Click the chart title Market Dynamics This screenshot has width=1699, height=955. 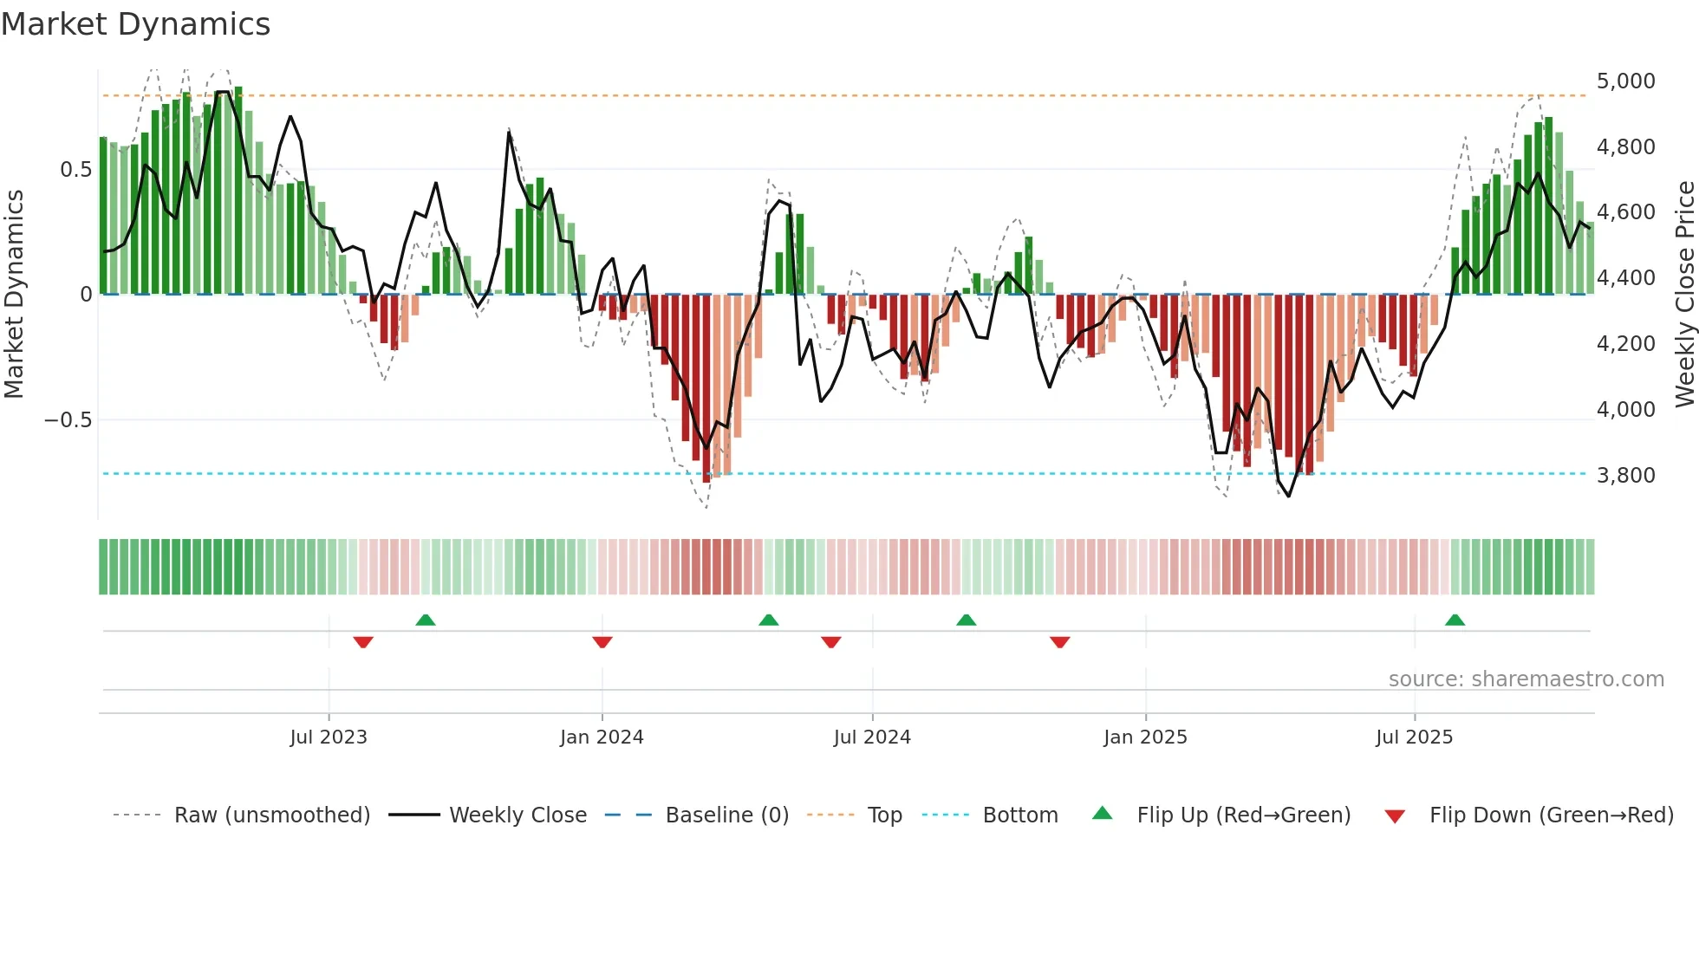click(x=136, y=24)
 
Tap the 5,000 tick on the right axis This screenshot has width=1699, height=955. click(x=1625, y=81)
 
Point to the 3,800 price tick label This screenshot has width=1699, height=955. click(x=1625, y=476)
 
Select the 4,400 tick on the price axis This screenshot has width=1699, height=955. click(x=1625, y=278)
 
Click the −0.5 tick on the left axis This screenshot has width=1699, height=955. click(x=68, y=420)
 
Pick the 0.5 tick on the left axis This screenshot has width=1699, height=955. click(x=75, y=170)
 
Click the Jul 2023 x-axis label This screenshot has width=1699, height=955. click(x=329, y=737)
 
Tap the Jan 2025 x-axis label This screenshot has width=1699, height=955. click(x=1145, y=737)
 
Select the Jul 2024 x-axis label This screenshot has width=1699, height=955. click(x=872, y=737)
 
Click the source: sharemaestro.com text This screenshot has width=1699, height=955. click(x=1526, y=679)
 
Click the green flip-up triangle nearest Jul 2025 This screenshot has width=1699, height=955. click(x=1455, y=620)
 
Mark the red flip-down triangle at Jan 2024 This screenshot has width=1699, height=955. click(x=602, y=642)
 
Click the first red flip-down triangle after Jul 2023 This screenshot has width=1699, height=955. click(x=363, y=642)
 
